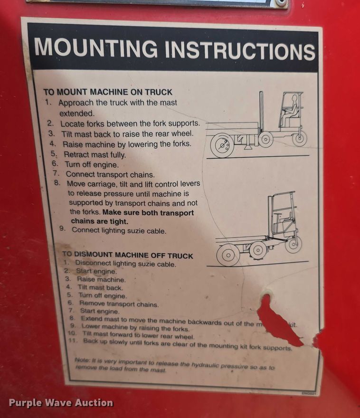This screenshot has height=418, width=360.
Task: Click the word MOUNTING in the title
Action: [x=95, y=48]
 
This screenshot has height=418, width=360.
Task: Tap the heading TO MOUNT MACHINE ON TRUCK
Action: [x=108, y=92]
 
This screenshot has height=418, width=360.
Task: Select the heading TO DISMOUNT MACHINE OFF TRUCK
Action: [x=128, y=256]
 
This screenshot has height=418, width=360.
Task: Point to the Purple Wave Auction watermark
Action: [x=61, y=403]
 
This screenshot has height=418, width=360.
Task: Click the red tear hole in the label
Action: [x=275, y=319]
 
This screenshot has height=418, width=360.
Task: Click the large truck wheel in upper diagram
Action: [x=222, y=145]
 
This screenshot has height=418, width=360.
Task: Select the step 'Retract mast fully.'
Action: [x=95, y=154]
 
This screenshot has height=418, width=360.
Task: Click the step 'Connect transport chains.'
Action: [x=110, y=174]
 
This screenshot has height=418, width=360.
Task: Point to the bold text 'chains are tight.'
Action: [x=99, y=221]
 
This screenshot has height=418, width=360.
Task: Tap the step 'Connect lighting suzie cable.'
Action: [x=119, y=230]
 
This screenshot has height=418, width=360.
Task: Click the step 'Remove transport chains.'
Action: [x=119, y=304]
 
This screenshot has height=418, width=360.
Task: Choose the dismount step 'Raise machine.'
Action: [x=101, y=280]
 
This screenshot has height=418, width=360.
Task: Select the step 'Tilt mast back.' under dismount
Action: [x=100, y=288]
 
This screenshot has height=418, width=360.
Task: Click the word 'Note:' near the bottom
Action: [x=83, y=360]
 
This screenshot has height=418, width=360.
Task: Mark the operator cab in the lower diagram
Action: [x=284, y=214]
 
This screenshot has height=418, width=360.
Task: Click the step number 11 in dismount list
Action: [x=73, y=341]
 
